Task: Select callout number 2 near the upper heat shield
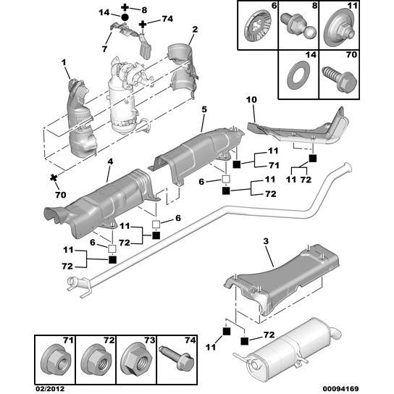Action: tap(194, 30)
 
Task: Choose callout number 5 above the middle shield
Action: tap(204, 109)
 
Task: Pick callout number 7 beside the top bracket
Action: tap(106, 49)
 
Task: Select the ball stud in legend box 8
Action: tap(297, 27)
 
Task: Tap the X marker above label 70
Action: tap(54, 177)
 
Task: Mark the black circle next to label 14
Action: tap(125, 16)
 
